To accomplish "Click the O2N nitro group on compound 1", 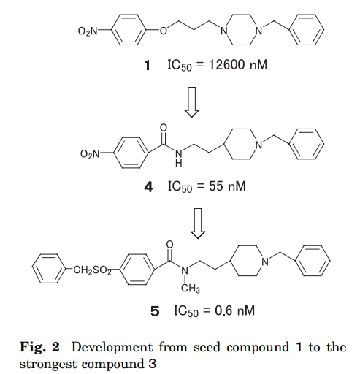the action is [x=88, y=31].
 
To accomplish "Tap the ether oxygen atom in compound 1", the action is [x=164, y=31].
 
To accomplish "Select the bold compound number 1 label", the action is [x=148, y=66].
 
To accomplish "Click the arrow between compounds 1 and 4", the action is [x=192, y=102].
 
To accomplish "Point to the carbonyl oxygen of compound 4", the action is [x=164, y=127].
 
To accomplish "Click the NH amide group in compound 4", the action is [x=179, y=158].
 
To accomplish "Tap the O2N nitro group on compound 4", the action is [x=90, y=153].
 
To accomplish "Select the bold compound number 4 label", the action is [x=149, y=187].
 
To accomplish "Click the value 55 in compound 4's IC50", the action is [x=216, y=186].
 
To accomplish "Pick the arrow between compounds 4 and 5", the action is [x=198, y=224].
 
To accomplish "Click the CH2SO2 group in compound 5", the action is [x=92, y=270].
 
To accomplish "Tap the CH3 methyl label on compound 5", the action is [x=191, y=289].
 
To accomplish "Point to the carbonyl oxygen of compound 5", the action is [x=169, y=244].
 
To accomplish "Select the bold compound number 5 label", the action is [x=155, y=311].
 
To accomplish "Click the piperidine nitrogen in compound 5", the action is [x=265, y=262].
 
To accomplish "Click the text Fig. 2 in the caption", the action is [x=39, y=346].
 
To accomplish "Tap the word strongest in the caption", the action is [x=48, y=365].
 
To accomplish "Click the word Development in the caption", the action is [x=112, y=347].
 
